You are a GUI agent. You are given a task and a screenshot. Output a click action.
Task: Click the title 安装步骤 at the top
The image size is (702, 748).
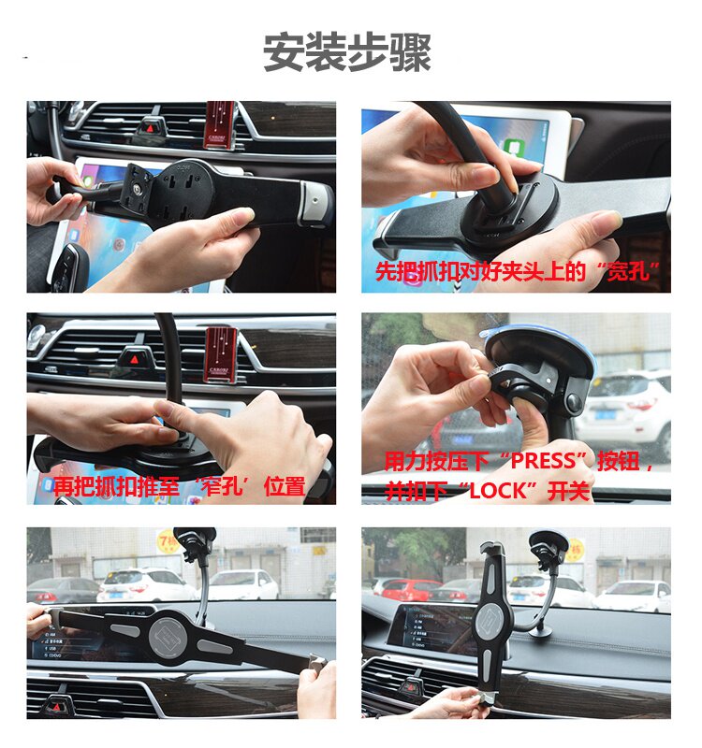click(x=347, y=52)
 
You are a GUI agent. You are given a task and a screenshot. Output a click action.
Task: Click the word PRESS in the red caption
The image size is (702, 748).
click(x=548, y=461)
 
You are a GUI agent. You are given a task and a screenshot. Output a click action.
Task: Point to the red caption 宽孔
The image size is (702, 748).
click(x=627, y=271)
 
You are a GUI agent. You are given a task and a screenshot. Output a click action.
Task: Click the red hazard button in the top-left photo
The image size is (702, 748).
click(x=151, y=127)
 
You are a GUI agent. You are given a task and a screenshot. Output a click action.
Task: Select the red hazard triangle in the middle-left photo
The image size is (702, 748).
click(x=135, y=359)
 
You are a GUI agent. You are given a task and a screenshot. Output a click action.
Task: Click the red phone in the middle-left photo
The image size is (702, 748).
click(x=221, y=354)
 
